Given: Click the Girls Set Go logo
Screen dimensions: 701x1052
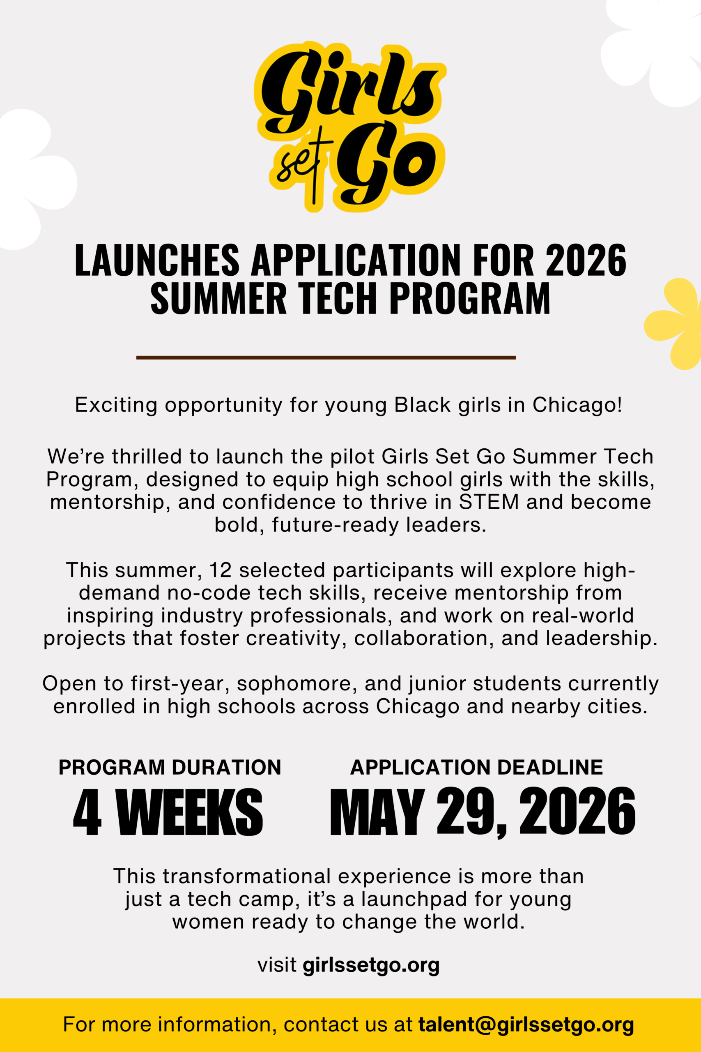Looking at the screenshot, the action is (x=350, y=127).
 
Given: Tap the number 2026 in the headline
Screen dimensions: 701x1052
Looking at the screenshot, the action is (x=586, y=260).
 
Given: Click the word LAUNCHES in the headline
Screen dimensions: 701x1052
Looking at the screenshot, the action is (x=157, y=260).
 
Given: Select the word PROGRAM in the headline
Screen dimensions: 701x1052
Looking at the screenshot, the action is (x=470, y=298).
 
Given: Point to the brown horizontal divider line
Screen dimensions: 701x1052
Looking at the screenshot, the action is (x=326, y=358).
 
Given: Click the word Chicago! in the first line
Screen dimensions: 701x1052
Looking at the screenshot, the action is (x=577, y=405).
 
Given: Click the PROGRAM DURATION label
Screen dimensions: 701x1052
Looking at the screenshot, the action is (x=170, y=767).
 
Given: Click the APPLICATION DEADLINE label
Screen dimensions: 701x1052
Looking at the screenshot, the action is (x=476, y=767).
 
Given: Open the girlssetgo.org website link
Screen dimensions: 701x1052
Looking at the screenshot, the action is (x=371, y=965).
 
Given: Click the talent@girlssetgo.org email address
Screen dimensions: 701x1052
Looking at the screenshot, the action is (x=526, y=1024).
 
